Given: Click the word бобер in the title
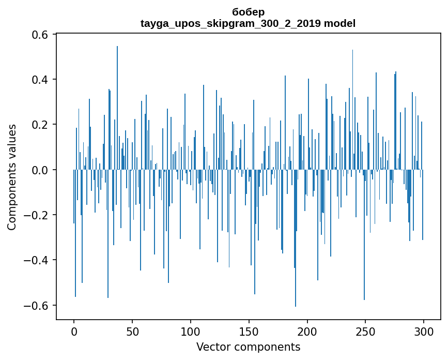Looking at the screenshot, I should click(x=248, y=12).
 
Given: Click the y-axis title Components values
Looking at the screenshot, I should click(x=12, y=177).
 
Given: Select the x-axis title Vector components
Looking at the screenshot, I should click(x=248, y=347).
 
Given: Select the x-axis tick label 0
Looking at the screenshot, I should click(x=74, y=331).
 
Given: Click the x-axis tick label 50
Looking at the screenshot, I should click(x=132, y=331).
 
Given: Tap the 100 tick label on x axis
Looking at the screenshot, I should click(x=191, y=331).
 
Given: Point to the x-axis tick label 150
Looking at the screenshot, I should click(x=249, y=331).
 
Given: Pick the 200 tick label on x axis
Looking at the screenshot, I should click(x=307, y=331).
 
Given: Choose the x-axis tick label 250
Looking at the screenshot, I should click(x=366, y=331).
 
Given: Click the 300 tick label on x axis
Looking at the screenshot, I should click(x=424, y=331).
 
